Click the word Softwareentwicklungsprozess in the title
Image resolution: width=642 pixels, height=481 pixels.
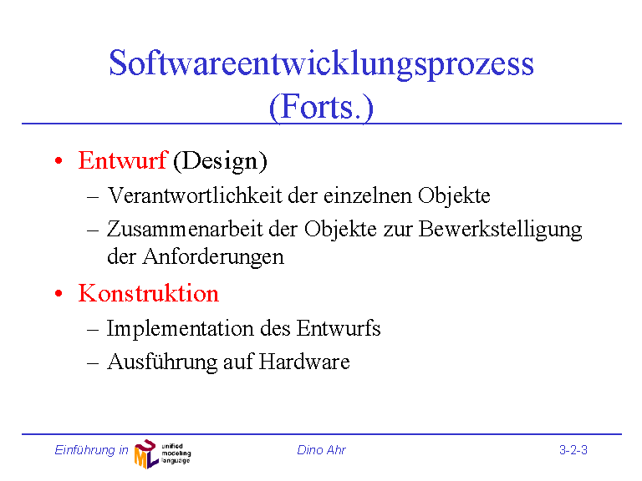point(321,64)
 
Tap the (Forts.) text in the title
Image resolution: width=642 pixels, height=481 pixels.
point(321,107)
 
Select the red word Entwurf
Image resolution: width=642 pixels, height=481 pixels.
point(122,160)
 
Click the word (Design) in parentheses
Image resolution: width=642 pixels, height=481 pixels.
point(220,161)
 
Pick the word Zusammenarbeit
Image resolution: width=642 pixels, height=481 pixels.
point(185,229)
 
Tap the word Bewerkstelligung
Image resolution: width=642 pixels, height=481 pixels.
point(500,230)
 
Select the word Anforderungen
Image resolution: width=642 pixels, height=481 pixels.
point(213,258)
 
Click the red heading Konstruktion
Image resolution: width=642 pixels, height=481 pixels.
point(149,293)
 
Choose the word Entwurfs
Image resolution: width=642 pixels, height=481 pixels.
point(339,328)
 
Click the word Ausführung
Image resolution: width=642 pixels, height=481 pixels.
point(162,362)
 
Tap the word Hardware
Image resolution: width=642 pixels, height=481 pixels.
point(304,362)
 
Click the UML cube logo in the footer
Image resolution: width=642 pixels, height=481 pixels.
point(146,453)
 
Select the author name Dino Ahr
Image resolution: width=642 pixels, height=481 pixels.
point(321,450)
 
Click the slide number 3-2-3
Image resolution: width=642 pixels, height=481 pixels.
point(573,450)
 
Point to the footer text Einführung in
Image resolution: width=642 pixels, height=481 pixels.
point(91,450)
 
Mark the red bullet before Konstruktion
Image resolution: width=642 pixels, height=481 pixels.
point(59,294)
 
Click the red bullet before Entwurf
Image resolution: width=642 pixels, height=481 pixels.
point(59,160)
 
